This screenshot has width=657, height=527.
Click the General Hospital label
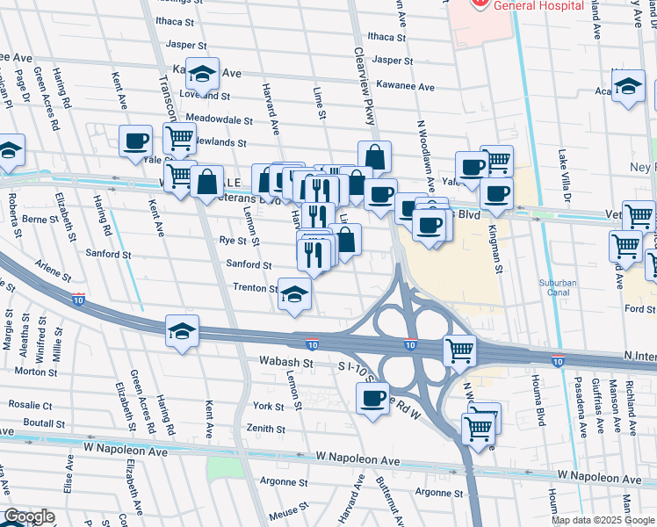[538, 5]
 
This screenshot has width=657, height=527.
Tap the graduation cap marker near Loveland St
[203, 74]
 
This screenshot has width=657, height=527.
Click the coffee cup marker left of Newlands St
[136, 141]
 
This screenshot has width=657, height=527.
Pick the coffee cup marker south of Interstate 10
[372, 397]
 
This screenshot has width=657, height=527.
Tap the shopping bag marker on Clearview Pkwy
[374, 157]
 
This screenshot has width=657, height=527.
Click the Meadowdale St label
[220, 119]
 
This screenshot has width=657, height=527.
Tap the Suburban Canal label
[557, 288]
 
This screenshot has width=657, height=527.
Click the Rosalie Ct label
[32, 405]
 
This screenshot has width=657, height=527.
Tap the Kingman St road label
[498, 255]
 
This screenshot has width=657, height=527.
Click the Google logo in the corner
[30, 516]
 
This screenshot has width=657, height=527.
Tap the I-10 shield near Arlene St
[78, 300]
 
